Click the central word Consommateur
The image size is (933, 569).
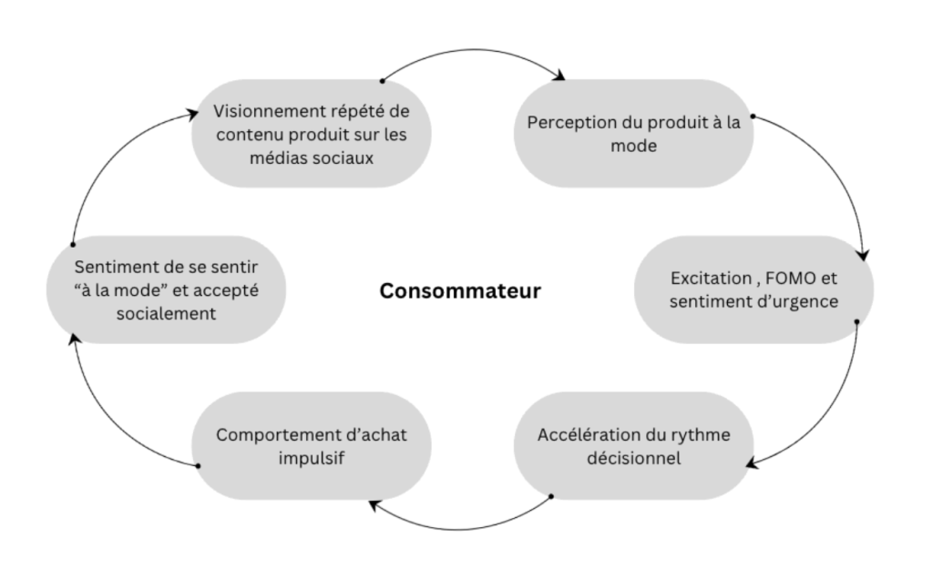coord(460,291)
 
